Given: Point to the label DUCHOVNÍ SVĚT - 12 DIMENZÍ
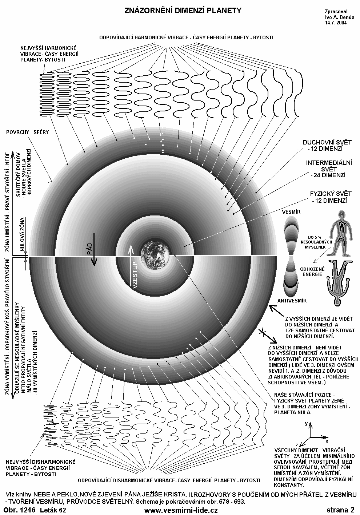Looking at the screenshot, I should coord(323,145).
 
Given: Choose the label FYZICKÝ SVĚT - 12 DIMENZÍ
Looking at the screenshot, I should coord(328,197).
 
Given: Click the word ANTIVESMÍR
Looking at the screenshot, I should coord(292,301).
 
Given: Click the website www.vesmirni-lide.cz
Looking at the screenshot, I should coord(181,510).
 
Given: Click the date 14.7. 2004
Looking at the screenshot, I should coord(336,22).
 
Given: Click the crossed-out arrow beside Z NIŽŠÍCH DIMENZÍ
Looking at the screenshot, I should coord(262,332).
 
